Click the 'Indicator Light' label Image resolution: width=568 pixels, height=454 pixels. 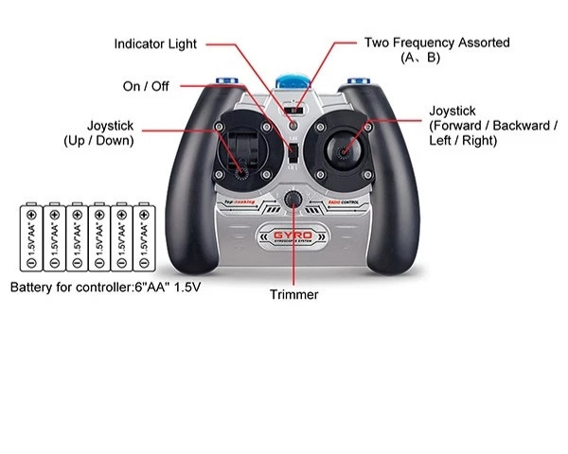(x=157, y=44)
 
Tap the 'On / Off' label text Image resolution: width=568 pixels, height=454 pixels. (x=145, y=86)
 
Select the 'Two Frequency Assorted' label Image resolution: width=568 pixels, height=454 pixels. (x=436, y=43)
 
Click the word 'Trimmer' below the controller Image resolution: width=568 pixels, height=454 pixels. (x=293, y=295)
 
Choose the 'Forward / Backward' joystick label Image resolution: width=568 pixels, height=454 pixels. (x=492, y=126)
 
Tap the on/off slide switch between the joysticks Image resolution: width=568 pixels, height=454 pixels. (x=293, y=151)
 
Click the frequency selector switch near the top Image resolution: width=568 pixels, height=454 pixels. (x=298, y=107)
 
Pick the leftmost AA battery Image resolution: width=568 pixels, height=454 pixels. (x=31, y=237)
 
